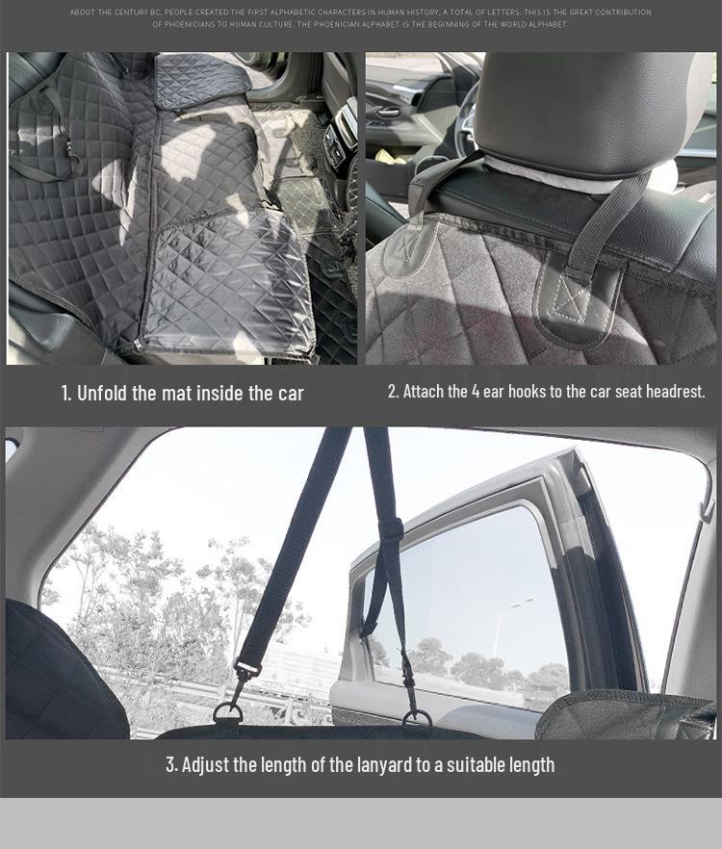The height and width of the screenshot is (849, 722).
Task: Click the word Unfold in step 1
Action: point(104,394)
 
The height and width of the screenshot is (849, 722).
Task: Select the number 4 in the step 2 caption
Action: point(476,392)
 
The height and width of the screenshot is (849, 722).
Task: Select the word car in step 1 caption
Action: point(291,394)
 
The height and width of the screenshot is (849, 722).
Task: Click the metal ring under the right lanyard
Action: point(417,718)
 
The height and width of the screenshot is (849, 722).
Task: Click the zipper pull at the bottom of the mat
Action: point(140,344)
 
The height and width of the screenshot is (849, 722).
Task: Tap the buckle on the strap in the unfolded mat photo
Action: point(69,151)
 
